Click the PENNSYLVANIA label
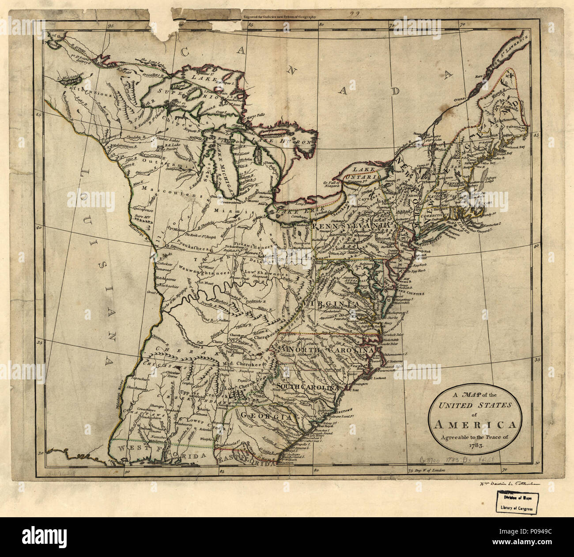(x=351, y=226)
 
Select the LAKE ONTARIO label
(x=366, y=173)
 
